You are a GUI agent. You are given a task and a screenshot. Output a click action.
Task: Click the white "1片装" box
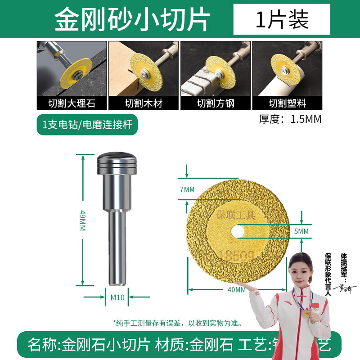tap(282, 19)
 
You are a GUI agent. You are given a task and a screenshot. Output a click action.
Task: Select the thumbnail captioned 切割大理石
tap(72, 76)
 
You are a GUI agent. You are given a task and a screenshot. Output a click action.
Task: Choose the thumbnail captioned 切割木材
tap(144, 76)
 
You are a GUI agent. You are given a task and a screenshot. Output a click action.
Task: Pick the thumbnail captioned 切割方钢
tap(215, 76)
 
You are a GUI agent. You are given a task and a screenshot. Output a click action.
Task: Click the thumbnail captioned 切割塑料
tap(287, 76)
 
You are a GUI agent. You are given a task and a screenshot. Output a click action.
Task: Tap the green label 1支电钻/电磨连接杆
tap(87, 125)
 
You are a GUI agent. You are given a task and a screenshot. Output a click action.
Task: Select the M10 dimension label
tap(117, 297)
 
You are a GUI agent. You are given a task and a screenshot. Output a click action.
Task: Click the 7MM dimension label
tap(187, 189)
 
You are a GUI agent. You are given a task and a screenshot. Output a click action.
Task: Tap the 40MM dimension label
tap(237, 290)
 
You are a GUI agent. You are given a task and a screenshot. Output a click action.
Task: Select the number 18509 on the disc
tap(237, 256)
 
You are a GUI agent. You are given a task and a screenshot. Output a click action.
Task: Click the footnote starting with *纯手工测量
tap(177, 323)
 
